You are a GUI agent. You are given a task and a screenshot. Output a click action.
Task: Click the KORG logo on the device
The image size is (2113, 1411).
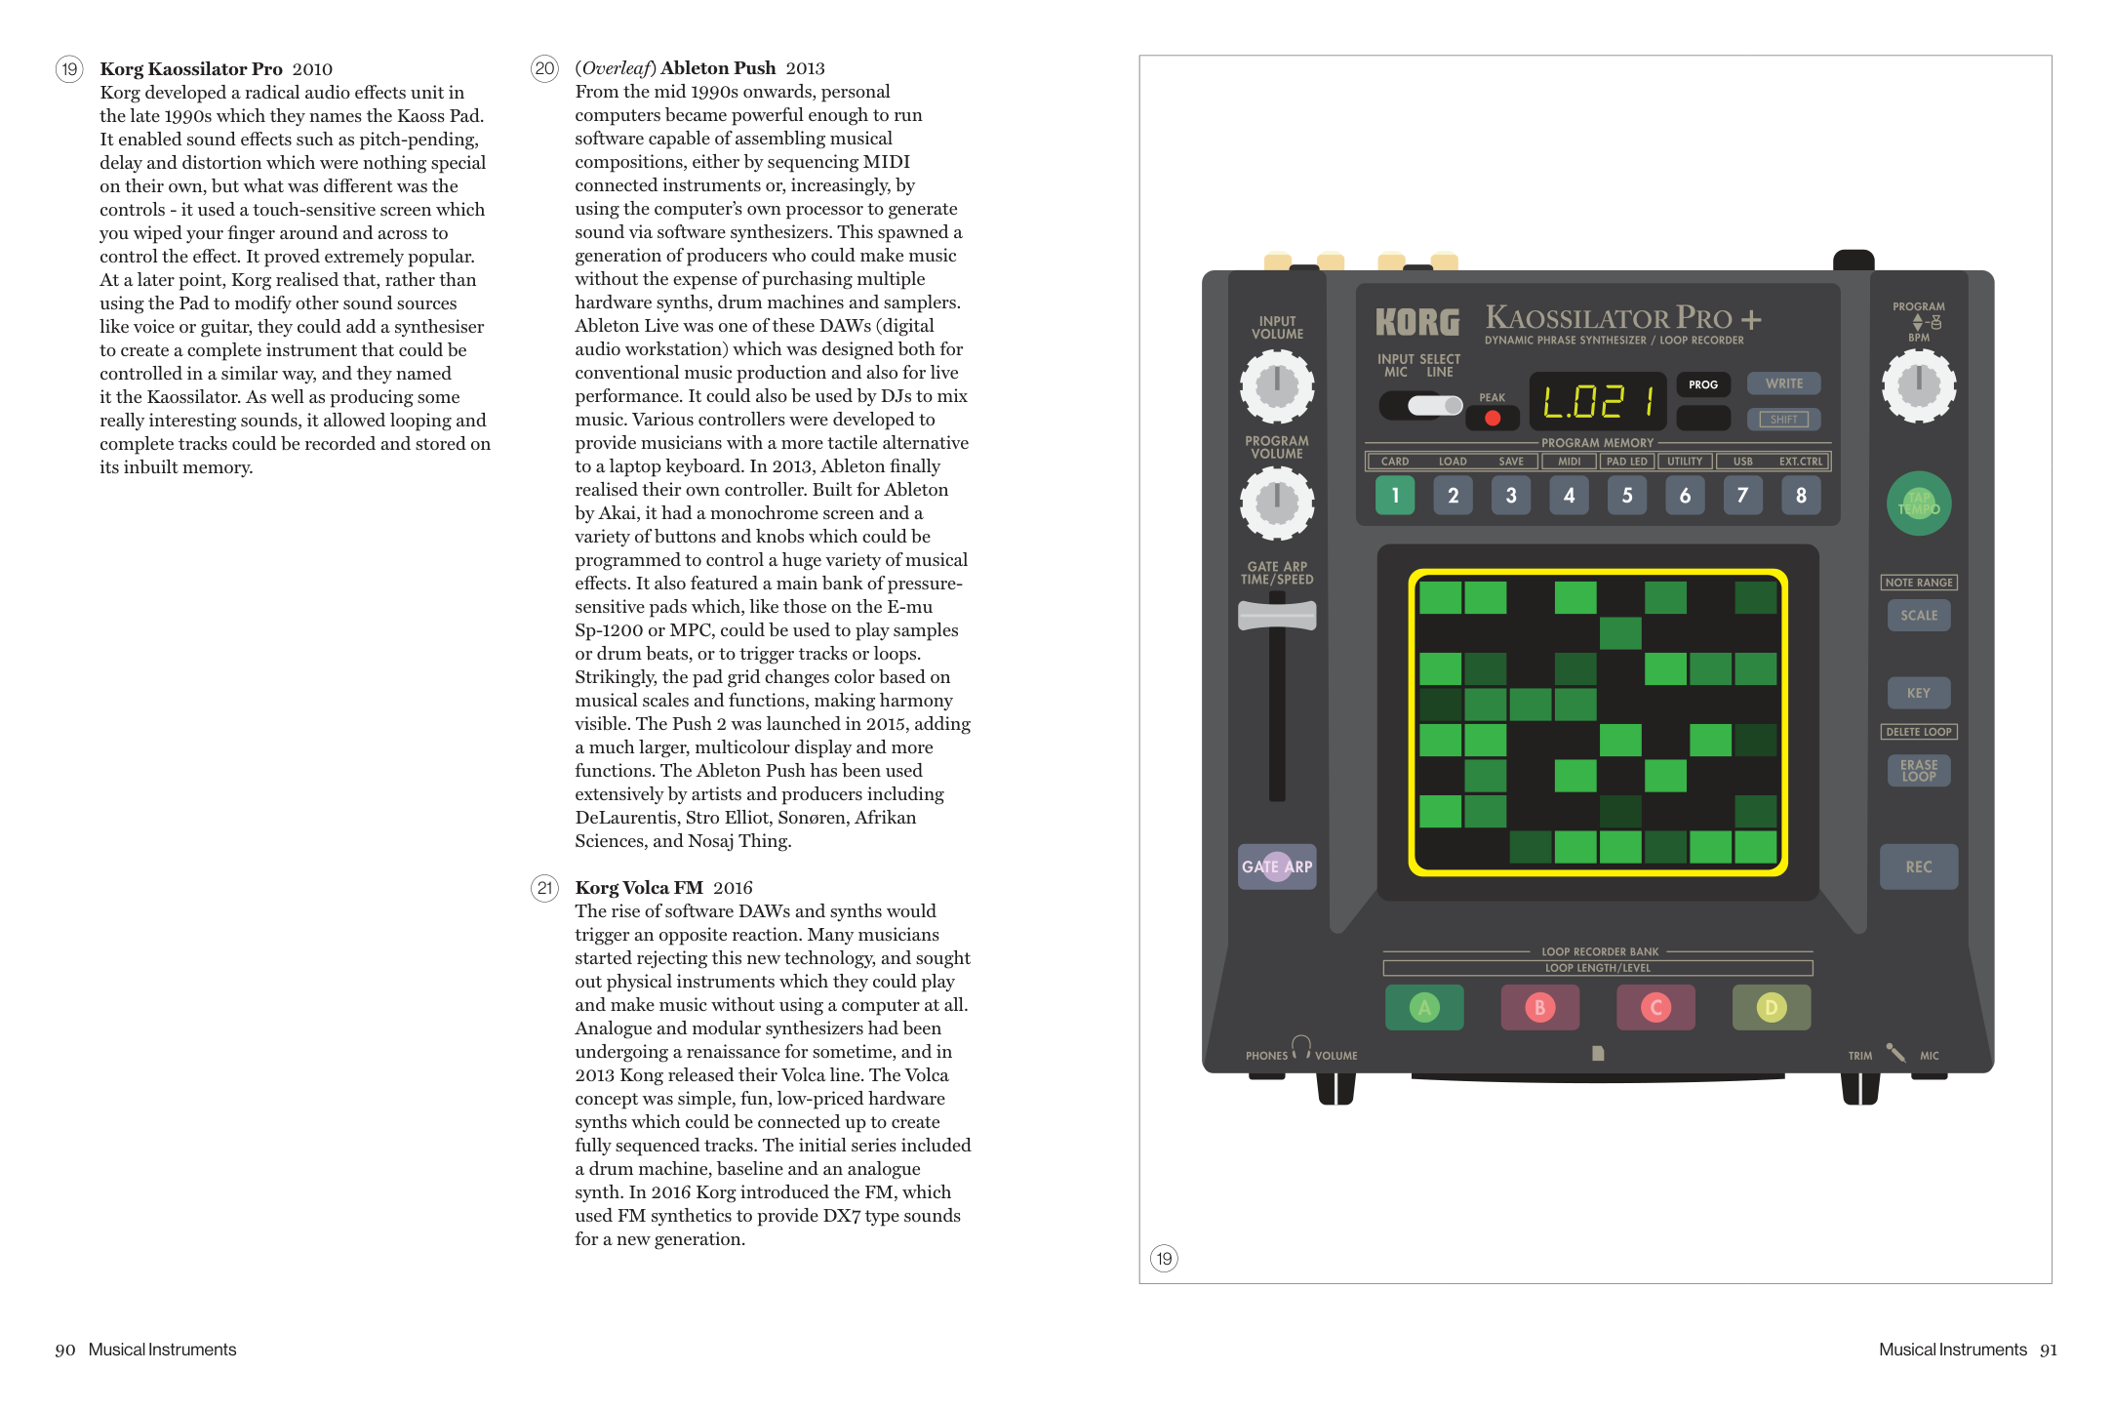1417,322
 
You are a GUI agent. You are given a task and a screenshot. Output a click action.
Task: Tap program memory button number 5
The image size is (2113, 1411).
1627,496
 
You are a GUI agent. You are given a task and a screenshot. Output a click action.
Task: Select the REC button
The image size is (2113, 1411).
1918,867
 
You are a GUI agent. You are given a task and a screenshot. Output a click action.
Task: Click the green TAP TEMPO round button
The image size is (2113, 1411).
1918,504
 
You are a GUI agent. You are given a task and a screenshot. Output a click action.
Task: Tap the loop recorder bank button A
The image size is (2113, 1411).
1424,1007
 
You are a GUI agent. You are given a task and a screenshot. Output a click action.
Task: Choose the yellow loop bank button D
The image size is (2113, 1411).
1771,1007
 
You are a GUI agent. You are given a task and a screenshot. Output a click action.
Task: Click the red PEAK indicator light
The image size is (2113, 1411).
1493,419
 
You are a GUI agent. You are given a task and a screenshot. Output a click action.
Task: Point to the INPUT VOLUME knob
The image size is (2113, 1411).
1276,386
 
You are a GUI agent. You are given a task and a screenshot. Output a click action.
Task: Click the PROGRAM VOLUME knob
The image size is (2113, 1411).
1276,503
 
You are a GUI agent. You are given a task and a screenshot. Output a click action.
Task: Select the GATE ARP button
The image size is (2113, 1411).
1276,867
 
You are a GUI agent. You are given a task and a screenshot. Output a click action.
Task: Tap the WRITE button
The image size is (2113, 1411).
1783,383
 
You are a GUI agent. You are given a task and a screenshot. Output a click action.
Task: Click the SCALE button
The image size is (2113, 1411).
1918,616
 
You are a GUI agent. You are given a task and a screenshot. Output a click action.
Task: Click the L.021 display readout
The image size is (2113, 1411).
1598,401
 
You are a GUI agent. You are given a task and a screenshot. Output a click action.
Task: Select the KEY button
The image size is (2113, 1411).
1918,693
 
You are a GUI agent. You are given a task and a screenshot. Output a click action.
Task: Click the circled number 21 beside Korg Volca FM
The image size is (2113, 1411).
544,888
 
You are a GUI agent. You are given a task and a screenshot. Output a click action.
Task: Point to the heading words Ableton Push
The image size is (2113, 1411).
718,68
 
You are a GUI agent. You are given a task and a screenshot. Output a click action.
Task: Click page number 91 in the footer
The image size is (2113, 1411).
2048,1350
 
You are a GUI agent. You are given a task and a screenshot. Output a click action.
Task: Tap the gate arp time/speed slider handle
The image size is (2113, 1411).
1276,616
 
